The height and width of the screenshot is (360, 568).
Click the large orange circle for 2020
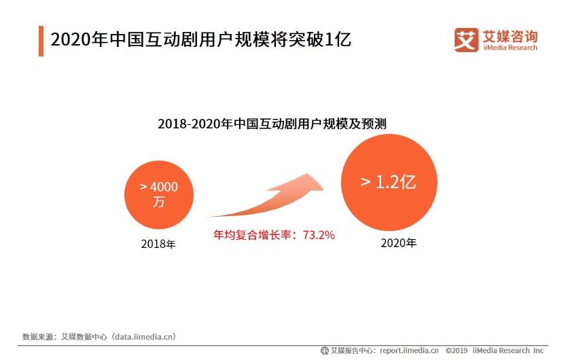click(x=388, y=182)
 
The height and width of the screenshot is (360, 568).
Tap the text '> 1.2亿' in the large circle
click(x=388, y=182)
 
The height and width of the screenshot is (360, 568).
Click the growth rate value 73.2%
click(x=318, y=236)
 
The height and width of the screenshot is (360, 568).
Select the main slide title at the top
click(x=201, y=39)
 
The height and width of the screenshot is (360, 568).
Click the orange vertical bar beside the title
click(x=41, y=40)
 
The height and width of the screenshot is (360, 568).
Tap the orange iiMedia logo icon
click(x=466, y=39)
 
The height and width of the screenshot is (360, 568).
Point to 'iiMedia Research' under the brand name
click(x=509, y=48)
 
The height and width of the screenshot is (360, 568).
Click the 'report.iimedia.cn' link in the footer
click(x=408, y=350)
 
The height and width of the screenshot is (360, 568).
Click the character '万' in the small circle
click(x=158, y=202)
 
